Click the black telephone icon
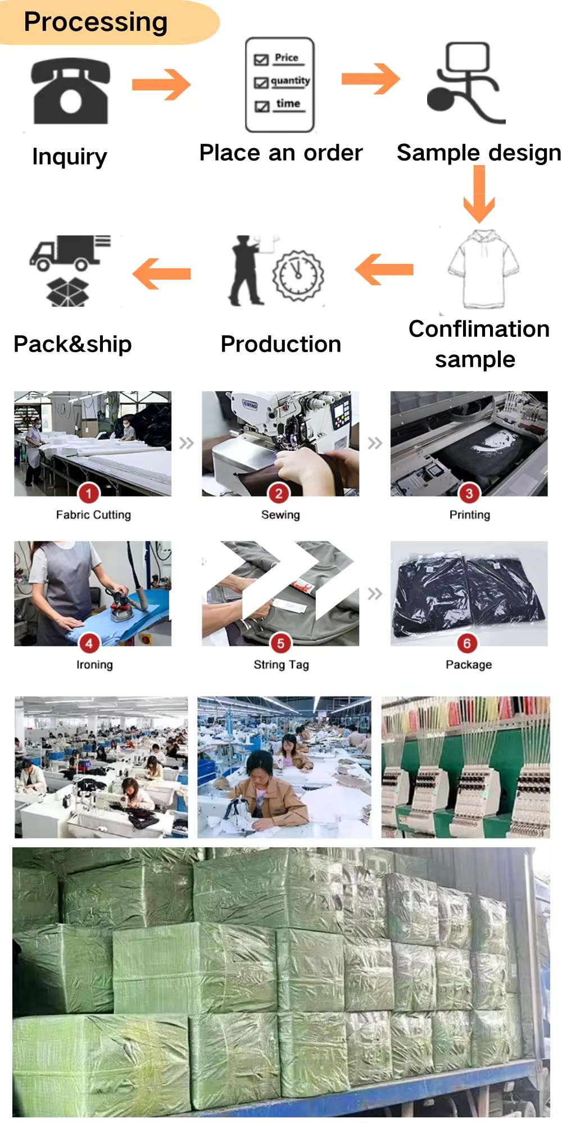click(71, 91)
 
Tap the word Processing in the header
click(96, 23)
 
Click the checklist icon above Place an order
click(280, 85)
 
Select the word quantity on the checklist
click(290, 81)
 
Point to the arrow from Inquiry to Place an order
click(161, 85)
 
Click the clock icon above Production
click(298, 276)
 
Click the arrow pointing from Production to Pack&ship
click(162, 273)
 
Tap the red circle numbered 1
click(88, 494)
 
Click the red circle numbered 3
click(469, 494)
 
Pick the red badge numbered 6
click(467, 643)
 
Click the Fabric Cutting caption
click(93, 515)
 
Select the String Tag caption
click(281, 665)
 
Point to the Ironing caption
click(94, 665)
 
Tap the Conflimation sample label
click(479, 344)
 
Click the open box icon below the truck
click(67, 291)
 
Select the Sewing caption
click(280, 515)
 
